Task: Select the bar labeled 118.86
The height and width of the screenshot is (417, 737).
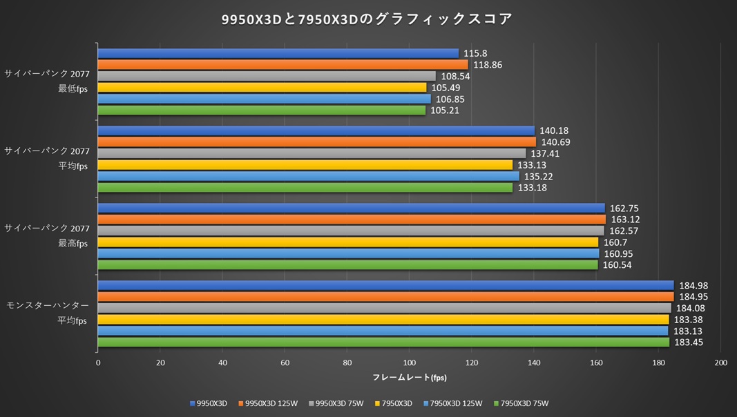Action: pos(283,65)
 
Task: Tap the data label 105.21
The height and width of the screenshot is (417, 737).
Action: pos(446,110)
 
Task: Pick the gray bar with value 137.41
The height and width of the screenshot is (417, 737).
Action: pos(312,153)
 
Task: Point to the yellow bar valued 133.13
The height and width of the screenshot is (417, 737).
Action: pos(305,165)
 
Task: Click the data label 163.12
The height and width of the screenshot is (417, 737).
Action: pos(624,220)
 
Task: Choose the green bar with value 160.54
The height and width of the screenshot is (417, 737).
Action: pos(347,265)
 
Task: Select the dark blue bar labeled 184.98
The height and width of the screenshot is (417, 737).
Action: pos(385,285)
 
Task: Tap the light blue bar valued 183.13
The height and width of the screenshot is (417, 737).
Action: pos(383,331)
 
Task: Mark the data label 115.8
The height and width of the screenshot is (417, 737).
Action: pos(476,53)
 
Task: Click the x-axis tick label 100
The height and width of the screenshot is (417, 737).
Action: pos(410,363)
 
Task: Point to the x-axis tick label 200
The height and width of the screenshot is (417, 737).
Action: pos(720,363)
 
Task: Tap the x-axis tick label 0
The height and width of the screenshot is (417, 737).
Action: pos(98,363)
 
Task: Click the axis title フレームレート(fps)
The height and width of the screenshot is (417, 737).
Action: pos(410,378)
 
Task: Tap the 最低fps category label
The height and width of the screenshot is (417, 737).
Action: pos(73,88)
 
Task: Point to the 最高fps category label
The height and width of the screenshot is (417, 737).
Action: pos(73,243)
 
